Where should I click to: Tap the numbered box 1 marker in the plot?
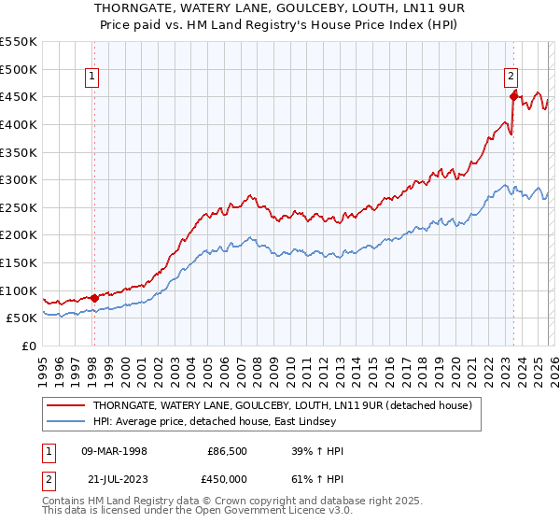click(x=93, y=78)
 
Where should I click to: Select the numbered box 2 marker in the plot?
click(x=511, y=78)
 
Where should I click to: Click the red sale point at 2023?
click(x=513, y=96)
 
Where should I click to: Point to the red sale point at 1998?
click(x=94, y=298)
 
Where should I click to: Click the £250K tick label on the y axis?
click(x=19, y=207)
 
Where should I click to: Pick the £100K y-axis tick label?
click(x=19, y=290)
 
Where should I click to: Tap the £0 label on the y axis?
click(x=28, y=346)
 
